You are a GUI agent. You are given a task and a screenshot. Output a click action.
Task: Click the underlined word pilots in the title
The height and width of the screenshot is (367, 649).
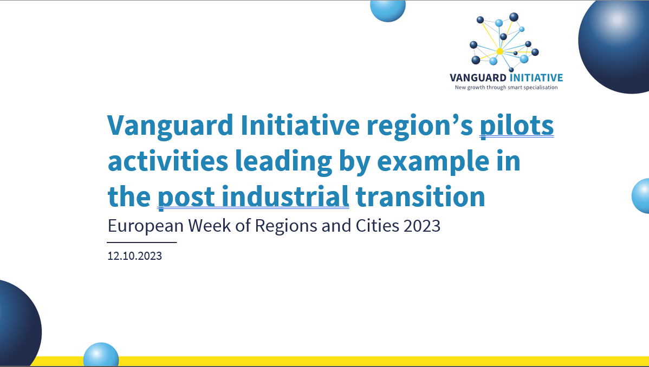click(x=517, y=125)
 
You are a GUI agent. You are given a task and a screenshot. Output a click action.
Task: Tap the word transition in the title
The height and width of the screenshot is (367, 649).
click(x=420, y=197)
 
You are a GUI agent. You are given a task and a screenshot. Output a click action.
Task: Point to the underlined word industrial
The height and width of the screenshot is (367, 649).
click(x=285, y=197)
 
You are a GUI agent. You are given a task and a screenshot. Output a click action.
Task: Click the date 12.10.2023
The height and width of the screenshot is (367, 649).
click(x=134, y=255)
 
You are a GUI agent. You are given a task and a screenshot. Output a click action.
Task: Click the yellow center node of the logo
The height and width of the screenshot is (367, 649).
click(x=499, y=51)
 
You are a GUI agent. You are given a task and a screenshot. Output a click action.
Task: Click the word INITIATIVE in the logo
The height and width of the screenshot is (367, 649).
click(x=536, y=78)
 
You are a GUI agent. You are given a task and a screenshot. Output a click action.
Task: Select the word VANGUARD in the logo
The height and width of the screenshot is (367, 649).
click(x=478, y=78)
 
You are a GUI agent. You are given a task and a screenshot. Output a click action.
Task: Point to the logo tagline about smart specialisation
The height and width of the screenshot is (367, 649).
click(x=506, y=87)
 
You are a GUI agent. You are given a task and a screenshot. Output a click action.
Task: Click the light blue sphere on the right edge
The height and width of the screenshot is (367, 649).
click(x=641, y=196)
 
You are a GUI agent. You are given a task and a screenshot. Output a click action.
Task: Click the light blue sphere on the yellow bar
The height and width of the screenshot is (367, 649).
click(x=101, y=355)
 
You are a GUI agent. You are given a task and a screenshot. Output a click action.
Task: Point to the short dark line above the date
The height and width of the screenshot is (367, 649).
click(x=142, y=243)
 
